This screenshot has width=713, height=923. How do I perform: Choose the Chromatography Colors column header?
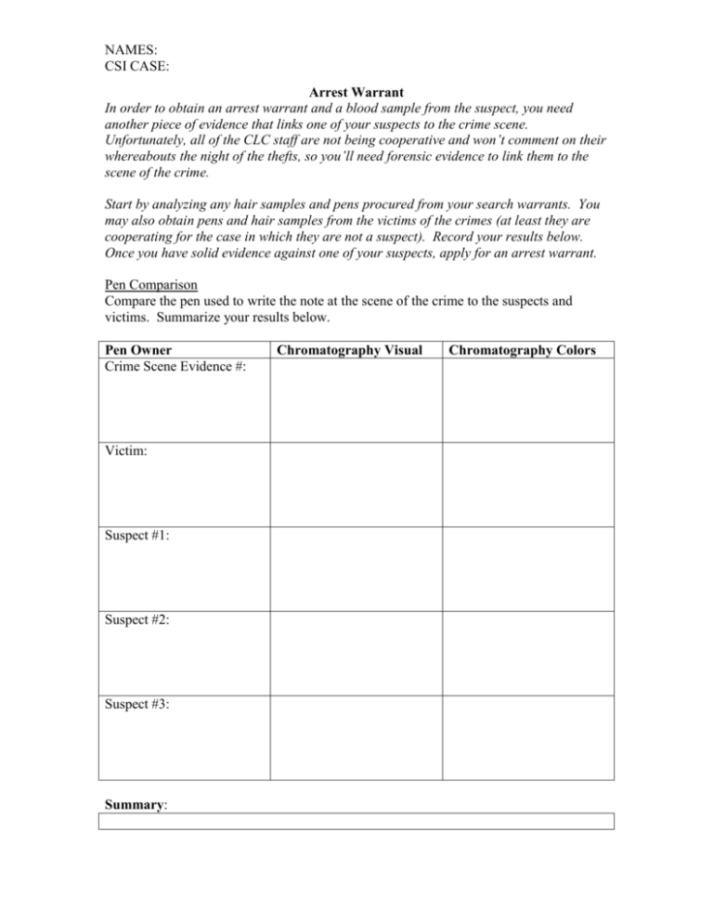click(527, 350)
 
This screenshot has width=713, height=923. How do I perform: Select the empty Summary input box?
click(356, 821)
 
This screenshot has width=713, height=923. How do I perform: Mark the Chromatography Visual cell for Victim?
click(356, 484)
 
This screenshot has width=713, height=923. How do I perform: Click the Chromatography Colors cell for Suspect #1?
click(527, 568)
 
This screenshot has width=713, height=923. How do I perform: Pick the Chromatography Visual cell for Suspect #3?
click(356, 737)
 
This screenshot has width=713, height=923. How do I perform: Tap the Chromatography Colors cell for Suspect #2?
click(527, 653)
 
